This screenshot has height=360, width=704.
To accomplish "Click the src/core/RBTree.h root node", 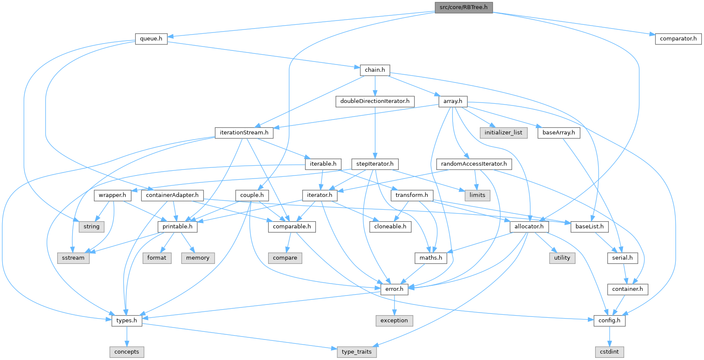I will click(463, 7).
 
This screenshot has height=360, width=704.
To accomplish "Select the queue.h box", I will click(151, 38).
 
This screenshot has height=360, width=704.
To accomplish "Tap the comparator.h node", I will click(678, 38).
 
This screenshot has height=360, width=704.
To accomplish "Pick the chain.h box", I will click(375, 70).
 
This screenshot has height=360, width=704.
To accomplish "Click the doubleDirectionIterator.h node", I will click(375, 101).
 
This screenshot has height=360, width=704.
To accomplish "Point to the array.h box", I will click(453, 101).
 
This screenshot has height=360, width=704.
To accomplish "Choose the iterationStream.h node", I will click(244, 132).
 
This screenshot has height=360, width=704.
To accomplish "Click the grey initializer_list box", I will click(503, 132).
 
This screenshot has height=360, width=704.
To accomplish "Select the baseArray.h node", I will click(558, 132).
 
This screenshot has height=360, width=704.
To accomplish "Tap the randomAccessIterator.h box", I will click(474, 164).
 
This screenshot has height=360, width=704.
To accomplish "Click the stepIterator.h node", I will click(375, 164).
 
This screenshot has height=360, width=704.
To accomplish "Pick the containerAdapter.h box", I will click(172, 195).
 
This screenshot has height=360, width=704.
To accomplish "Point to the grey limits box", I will click(477, 195).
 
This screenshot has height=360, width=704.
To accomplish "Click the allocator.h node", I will click(529, 226).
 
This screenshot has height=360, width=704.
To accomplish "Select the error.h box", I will click(394, 289).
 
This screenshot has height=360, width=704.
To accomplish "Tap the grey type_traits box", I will click(356, 351).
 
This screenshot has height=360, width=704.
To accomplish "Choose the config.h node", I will click(609, 320).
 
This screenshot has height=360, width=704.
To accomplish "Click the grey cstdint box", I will click(609, 351).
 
